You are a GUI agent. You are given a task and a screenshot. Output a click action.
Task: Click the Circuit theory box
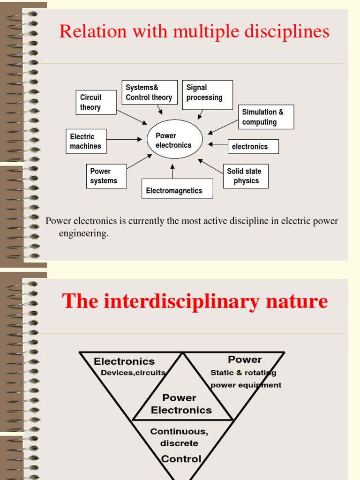point(96,102)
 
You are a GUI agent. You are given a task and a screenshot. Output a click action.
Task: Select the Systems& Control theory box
point(150,92)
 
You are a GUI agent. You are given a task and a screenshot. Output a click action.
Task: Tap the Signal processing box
point(207,95)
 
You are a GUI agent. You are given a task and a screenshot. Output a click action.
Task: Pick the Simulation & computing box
point(266,117)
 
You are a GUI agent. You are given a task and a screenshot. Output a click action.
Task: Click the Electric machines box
point(86,141)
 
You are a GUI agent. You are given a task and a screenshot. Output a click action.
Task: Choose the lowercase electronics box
point(253,147)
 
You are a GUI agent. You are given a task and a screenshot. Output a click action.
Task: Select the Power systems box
point(106,176)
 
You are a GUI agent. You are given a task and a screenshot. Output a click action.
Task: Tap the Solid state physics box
point(246,176)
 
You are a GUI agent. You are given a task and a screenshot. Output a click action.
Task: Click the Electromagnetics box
point(177,188)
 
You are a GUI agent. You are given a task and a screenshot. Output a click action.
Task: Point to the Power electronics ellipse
point(174,139)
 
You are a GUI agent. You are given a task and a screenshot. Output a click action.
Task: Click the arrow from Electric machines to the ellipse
point(124,139)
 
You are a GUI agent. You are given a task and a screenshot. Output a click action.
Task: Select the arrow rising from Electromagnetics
point(172,172)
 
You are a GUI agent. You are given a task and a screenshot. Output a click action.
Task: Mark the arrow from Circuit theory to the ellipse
point(131,117)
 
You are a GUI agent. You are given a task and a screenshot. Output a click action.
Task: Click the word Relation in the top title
point(86,32)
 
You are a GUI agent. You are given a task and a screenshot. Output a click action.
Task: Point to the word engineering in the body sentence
point(83,233)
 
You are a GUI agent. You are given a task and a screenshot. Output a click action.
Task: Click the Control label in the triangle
point(181,459)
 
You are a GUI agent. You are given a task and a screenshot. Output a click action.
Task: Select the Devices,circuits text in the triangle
point(133,373)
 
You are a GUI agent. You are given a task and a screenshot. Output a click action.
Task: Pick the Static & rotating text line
point(243,373)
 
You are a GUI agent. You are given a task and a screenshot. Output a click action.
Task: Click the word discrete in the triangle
point(179,443)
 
